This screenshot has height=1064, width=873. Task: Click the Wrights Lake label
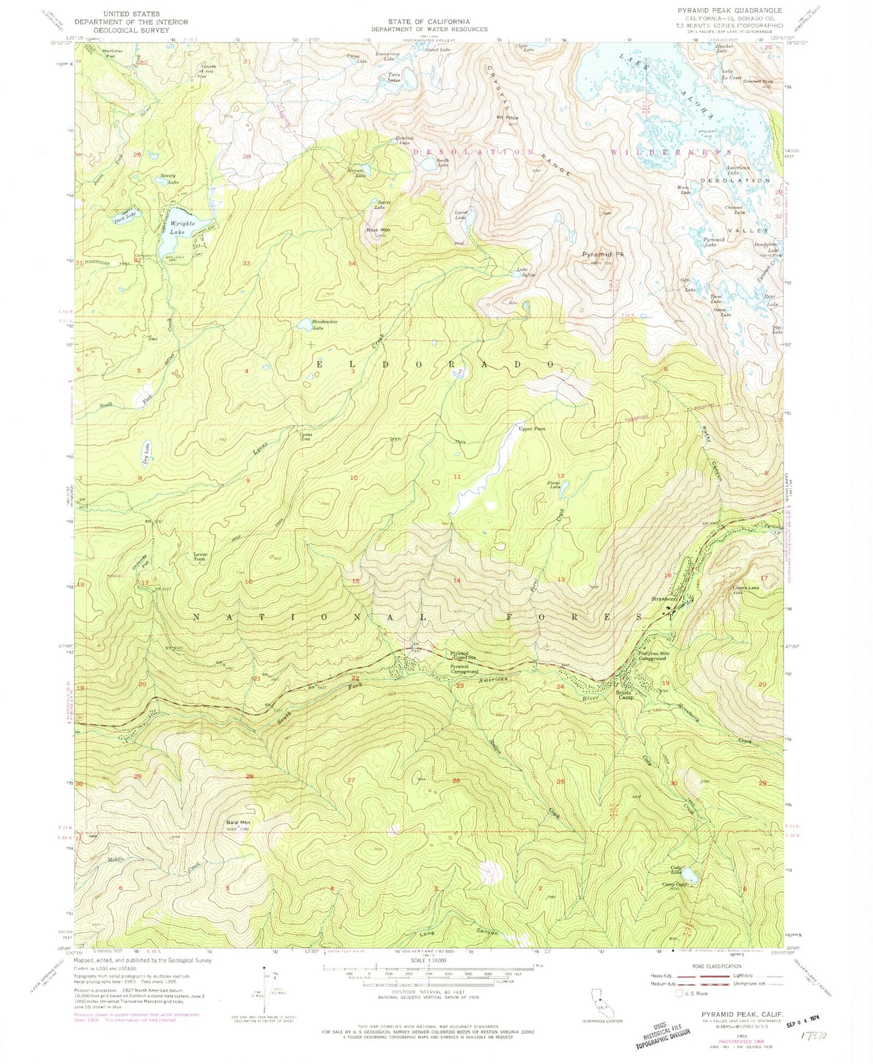(182, 227)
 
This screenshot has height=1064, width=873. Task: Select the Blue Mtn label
(378, 230)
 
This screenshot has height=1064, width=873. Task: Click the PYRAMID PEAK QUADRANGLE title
(739, 10)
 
